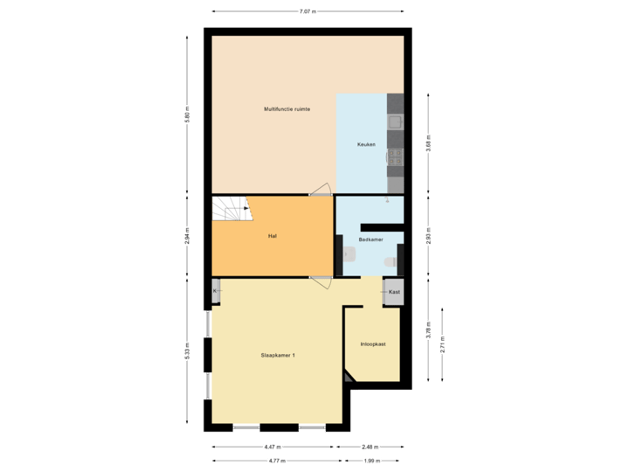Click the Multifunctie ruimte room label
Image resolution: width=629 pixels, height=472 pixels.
287,109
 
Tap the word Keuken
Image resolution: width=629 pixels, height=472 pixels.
367,144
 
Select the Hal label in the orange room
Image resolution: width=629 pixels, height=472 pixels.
273,236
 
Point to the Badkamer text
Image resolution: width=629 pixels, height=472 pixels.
371,239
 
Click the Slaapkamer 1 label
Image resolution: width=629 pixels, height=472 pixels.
278,356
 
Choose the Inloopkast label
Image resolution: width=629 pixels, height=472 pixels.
373,344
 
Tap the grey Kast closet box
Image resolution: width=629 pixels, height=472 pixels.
394,292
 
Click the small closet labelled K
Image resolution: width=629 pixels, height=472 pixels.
215,291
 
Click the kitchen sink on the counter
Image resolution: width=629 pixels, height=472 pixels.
395,121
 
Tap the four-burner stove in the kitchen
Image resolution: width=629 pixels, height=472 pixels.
395,157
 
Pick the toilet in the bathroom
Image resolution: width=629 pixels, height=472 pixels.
397,260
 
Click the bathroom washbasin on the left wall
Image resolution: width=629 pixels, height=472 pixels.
348,254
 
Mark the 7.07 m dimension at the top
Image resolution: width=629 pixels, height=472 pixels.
308,11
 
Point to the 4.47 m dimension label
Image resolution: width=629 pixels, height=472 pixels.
273,446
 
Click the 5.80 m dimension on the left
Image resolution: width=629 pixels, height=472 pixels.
187,115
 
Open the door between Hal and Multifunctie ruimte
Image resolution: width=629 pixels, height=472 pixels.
319,188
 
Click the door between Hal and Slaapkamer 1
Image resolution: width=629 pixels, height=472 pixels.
321,281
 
